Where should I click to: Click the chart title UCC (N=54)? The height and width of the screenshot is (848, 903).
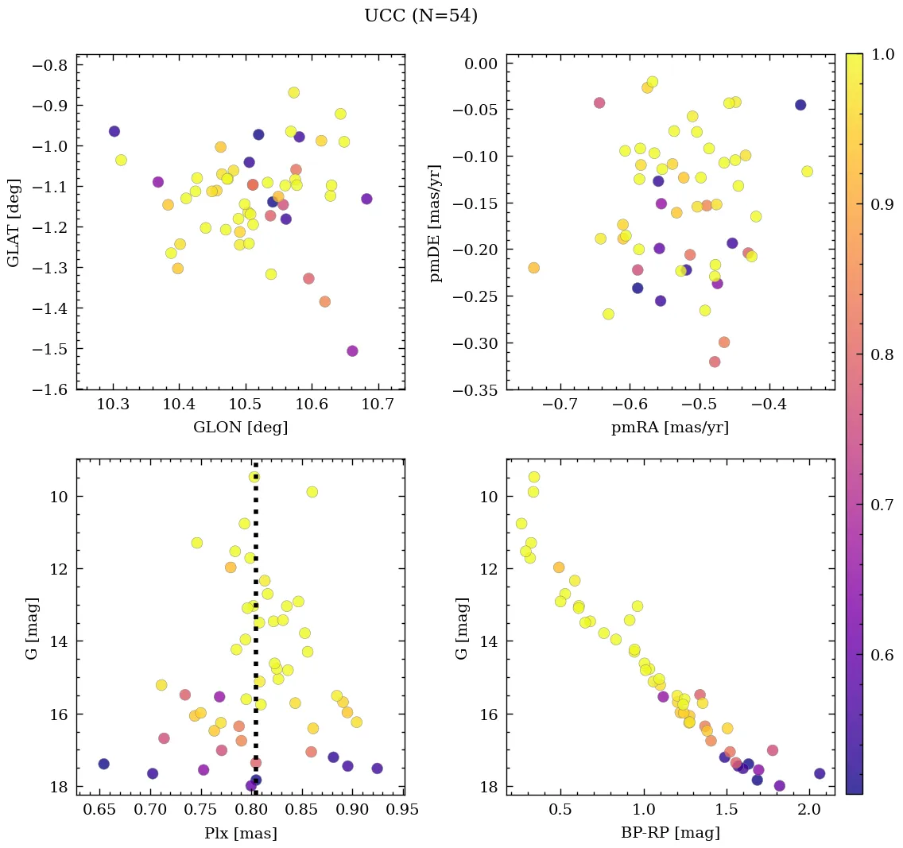pos(420,16)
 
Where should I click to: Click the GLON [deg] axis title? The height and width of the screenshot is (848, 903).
pos(240,428)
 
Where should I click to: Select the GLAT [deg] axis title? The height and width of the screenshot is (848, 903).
pos(14,222)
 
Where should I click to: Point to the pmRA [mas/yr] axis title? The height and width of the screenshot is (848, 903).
pos(669,428)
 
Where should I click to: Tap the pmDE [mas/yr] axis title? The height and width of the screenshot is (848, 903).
pos(435,223)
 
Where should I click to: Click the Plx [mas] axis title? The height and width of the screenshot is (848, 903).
pos(240,834)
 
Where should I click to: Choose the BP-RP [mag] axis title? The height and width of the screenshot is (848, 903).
pos(670,834)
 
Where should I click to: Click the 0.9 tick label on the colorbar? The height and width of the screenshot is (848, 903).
pos(882,204)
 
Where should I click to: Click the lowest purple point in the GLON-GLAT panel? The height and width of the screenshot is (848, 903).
pos(352,351)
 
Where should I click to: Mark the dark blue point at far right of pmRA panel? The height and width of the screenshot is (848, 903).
pos(800,105)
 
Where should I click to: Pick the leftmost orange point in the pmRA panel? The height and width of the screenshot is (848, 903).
pos(533,268)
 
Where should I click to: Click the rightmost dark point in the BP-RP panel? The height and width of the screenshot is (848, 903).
pos(820,773)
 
